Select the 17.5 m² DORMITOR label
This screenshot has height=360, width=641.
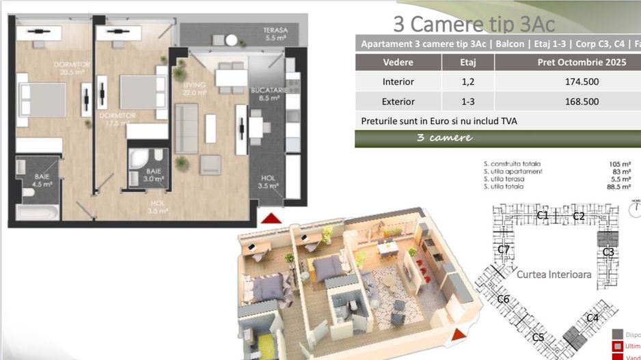point(118,120)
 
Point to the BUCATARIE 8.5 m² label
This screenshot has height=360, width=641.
point(267,94)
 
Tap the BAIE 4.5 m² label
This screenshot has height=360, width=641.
point(42,180)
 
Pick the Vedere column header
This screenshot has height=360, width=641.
point(398,62)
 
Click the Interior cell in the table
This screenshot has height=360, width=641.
point(398,82)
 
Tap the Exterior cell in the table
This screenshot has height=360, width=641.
point(398,101)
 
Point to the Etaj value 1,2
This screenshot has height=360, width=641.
point(468,82)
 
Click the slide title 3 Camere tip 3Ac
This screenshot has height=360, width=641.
point(474,23)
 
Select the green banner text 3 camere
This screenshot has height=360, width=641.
point(444,138)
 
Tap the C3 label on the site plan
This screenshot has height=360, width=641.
point(608,252)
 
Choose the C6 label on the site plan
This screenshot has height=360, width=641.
point(503,299)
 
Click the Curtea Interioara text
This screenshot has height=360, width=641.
point(554,275)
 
